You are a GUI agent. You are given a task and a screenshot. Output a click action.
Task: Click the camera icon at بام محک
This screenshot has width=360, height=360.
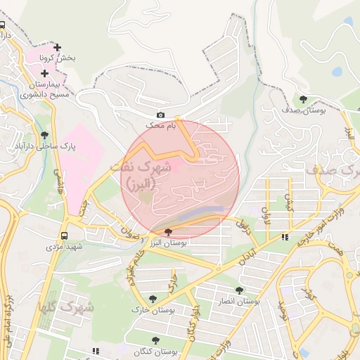tap(160, 115)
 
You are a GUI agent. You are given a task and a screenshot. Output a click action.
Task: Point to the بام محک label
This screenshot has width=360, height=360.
tap(160, 124)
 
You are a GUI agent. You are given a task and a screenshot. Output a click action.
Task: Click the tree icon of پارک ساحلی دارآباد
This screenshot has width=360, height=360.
tap(44, 134)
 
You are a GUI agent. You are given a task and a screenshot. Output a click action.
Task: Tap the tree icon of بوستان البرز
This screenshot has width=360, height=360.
tap(167, 232)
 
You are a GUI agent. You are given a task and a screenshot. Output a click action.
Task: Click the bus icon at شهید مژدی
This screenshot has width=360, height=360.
tap(65, 236)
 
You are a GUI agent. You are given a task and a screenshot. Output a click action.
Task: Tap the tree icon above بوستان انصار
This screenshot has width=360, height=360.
tap(239, 290)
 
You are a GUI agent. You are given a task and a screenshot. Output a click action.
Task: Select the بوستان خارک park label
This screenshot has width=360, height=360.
tap(153, 309)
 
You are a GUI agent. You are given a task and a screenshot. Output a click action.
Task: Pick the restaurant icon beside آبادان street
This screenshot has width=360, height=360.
tap(284, 238)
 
